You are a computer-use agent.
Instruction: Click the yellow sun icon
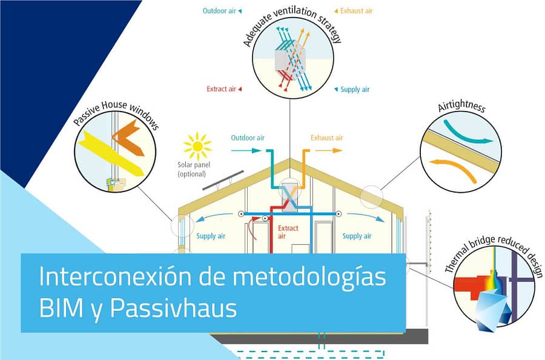[x=197, y=147]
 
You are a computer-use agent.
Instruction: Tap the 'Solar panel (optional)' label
[x=194, y=169]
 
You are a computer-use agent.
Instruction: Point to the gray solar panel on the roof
[x=223, y=181]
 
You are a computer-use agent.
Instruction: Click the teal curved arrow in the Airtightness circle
[x=466, y=134]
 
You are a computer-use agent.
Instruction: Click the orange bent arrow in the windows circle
[x=128, y=138]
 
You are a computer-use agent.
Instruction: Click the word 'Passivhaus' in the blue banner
[x=173, y=308]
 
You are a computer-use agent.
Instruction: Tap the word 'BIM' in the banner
[x=61, y=308]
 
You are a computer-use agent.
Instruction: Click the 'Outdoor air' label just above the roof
[x=248, y=138]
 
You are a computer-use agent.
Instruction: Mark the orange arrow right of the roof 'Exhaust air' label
[x=329, y=151]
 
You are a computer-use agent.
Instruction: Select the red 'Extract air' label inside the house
[x=288, y=232]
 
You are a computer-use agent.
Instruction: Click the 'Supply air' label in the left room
[x=211, y=236]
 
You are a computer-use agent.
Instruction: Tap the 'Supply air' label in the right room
[x=357, y=236]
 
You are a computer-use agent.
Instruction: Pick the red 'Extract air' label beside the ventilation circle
[x=221, y=89]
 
